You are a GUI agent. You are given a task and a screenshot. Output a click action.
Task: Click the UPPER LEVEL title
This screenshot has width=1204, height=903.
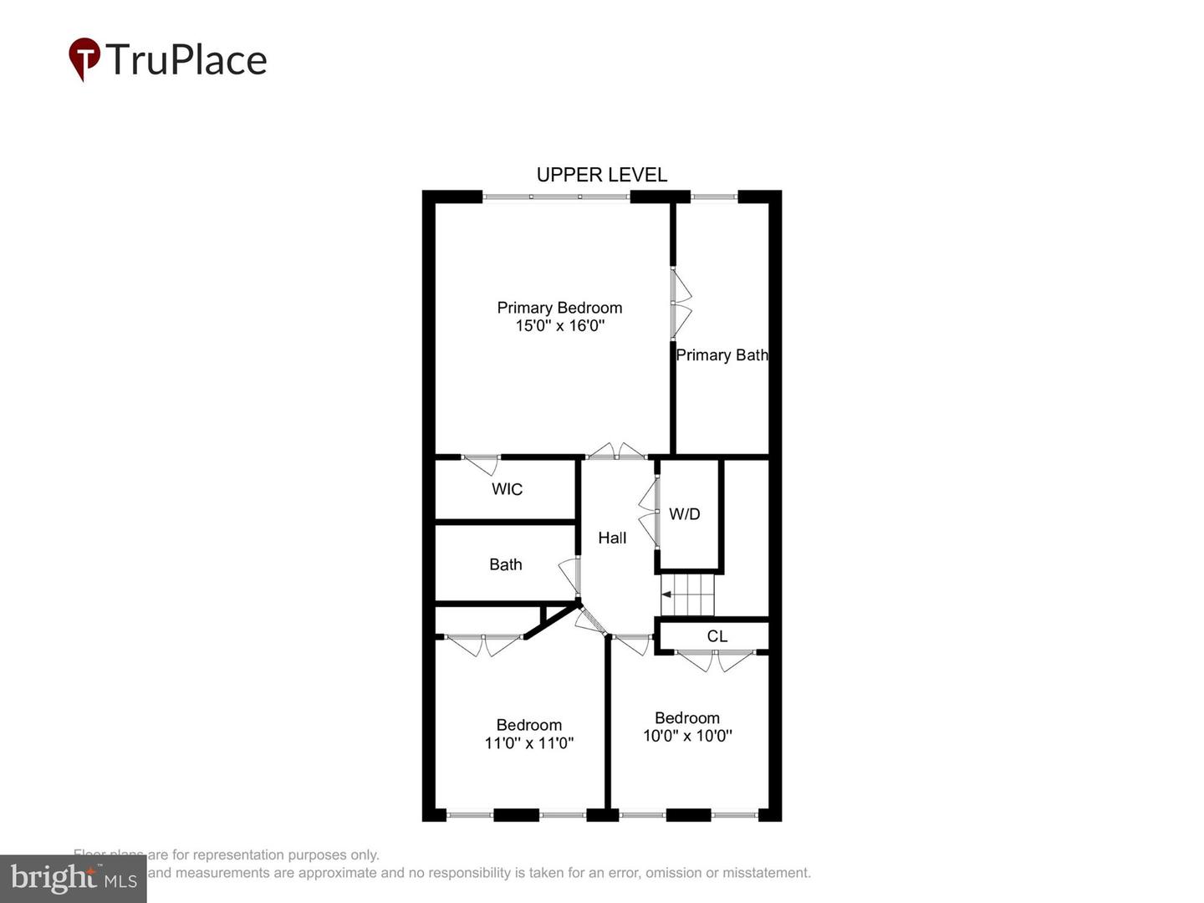pyautogui.click(x=601, y=175)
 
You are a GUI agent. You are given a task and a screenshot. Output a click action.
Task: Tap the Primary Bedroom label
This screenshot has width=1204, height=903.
pyautogui.click(x=559, y=308)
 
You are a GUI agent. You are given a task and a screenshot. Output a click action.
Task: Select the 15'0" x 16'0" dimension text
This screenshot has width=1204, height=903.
pyautogui.click(x=559, y=326)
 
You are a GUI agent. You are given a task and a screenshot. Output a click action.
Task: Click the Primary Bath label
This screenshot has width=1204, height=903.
pyautogui.click(x=722, y=355)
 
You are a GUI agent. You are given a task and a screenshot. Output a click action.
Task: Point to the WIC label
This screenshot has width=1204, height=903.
pyautogui.click(x=507, y=489)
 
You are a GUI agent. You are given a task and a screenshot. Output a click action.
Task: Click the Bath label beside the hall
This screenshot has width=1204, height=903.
pyautogui.click(x=505, y=564)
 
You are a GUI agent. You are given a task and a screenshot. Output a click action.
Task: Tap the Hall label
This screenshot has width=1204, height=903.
pyautogui.click(x=612, y=538)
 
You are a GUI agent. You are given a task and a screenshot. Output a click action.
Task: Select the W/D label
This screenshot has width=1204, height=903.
pyautogui.click(x=684, y=514)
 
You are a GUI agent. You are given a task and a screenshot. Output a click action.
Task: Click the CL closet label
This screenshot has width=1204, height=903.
pyautogui.click(x=717, y=636)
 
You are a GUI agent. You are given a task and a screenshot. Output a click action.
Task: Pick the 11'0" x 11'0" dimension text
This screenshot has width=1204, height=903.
pyautogui.click(x=528, y=743)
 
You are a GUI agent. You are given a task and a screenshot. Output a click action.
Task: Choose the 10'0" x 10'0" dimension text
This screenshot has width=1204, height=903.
pyautogui.click(x=687, y=736)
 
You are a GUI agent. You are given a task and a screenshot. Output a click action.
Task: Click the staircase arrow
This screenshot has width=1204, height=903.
pyautogui.click(x=666, y=594)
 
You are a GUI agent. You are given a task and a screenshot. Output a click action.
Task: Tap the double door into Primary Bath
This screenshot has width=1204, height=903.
pyautogui.click(x=681, y=304)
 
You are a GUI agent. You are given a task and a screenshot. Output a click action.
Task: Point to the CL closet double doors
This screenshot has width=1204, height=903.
pyautogui.click(x=716, y=660)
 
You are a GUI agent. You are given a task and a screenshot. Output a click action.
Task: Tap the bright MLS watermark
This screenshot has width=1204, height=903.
pyautogui.click(x=73, y=878)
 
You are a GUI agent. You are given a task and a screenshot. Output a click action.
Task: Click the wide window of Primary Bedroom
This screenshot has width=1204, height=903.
pyautogui.click(x=555, y=197)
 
